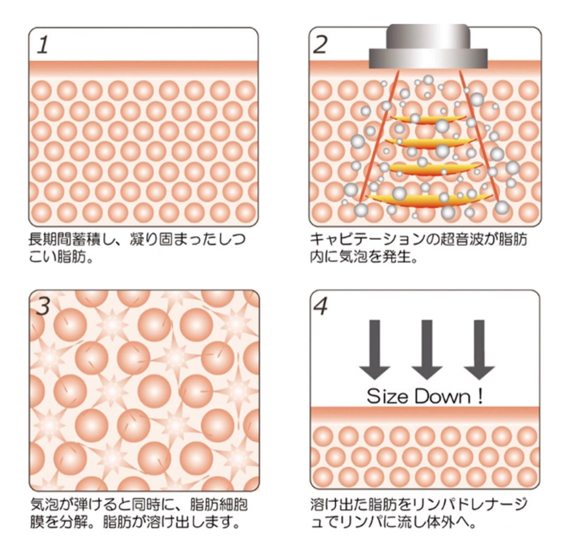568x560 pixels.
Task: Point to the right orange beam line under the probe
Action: (479, 138)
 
